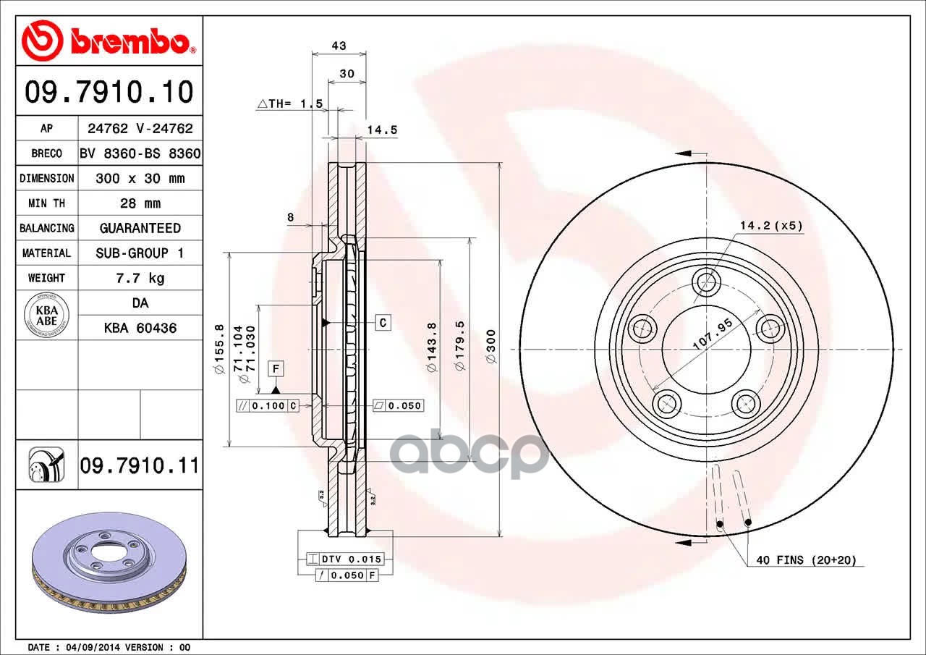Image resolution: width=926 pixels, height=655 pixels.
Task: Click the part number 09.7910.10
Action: tap(109, 92)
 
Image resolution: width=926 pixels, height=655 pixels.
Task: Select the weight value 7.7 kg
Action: tap(140, 278)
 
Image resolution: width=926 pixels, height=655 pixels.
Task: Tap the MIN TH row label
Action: tap(47, 203)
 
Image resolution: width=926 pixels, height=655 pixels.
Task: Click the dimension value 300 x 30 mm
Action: tap(140, 178)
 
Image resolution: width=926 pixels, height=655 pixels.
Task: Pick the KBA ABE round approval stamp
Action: tap(47, 315)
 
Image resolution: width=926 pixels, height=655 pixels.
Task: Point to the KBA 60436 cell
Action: tap(140, 328)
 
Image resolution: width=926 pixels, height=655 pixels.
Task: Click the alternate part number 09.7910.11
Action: tap(140, 465)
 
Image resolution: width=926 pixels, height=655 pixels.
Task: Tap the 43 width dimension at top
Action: tap(339, 46)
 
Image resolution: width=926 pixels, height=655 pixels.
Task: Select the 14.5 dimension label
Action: tap(382, 130)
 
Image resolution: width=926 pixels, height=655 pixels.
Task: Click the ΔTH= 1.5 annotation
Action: tap(290, 103)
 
